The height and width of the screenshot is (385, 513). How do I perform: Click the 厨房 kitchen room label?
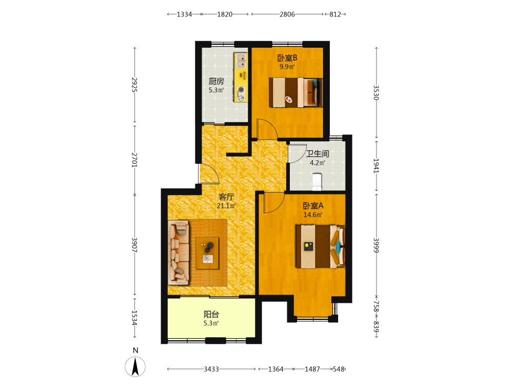[216, 81]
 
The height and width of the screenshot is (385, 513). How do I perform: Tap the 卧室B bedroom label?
[287, 58]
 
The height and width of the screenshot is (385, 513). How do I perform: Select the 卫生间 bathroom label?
[318, 153]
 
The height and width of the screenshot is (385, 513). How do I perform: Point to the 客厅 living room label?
[226, 197]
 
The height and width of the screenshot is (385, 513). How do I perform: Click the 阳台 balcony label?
[211, 314]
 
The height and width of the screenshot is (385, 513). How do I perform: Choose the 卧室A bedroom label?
[313, 206]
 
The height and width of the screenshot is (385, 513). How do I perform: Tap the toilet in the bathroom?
[317, 182]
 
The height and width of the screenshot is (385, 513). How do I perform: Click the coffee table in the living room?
[207, 253]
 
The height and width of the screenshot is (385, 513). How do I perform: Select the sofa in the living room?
[179, 253]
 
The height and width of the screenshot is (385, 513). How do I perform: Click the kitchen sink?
[242, 61]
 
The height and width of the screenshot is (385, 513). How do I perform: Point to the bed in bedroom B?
[295, 92]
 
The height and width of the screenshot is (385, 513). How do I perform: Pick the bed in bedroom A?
[320, 246]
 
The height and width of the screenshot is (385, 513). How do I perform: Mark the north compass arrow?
[135, 367]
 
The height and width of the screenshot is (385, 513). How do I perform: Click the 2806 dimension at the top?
[287, 14]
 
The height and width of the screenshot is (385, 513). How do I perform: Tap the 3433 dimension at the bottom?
[211, 369]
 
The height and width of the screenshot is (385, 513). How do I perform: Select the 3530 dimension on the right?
[376, 92]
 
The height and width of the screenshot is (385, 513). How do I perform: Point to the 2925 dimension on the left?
[134, 85]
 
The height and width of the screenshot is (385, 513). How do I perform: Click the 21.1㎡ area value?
[226, 206]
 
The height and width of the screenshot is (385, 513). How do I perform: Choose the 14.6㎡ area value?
[313, 215]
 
